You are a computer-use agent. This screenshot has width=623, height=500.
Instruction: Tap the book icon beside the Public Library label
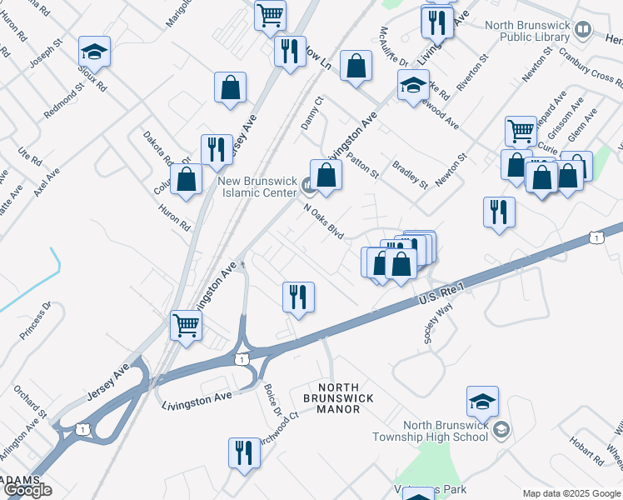click(x=584, y=31)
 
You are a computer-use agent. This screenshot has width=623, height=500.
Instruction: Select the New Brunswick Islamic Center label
click(x=257, y=187)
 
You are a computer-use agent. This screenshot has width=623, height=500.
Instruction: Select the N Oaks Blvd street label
click(x=324, y=220)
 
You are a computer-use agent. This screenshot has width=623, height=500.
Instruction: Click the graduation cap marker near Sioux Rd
click(x=94, y=52)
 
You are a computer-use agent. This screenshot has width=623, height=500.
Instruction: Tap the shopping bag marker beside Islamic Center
click(x=326, y=175)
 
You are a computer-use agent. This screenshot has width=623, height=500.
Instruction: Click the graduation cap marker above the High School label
click(x=482, y=402)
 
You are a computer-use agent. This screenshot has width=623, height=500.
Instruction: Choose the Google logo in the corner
click(x=27, y=490)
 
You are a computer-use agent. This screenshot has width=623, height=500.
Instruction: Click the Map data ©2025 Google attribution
click(x=572, y=493)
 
